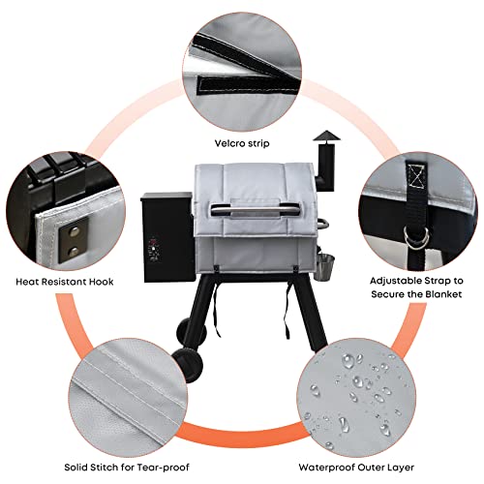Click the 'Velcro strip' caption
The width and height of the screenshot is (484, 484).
(x=242, y=143)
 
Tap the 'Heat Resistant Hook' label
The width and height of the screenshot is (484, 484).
(x=65, y=282)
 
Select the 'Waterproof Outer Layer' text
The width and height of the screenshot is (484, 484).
(x=356, y=468)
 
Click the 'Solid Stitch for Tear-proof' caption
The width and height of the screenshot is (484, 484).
(x=127, y=468)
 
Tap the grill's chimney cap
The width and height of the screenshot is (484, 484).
(x=326, y=136)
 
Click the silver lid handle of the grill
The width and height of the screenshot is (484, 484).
(x=256, y=208)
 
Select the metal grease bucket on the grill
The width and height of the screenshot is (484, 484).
(x=325, y=266)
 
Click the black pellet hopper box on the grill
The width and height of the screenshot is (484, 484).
(x=167, y=236)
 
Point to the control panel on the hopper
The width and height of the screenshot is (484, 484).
(x=154, y=251)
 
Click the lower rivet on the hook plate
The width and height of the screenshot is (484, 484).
(x=75, y=251)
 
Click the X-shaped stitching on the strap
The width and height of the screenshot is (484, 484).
(x=416, y=176)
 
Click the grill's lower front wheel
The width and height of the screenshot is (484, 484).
(x=188, y=365)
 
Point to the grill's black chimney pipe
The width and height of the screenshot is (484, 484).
(x=325, y=166)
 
